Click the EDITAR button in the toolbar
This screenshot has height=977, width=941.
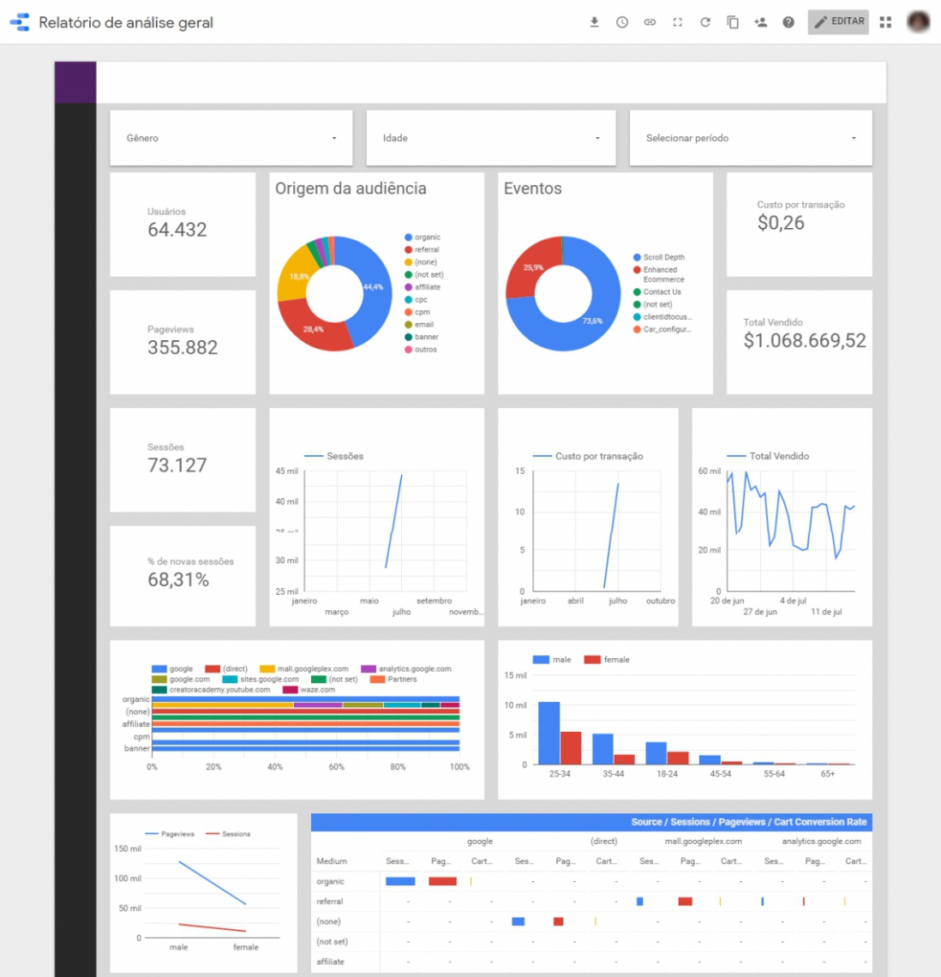click(838, 21)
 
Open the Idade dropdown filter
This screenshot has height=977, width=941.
click(490, 138)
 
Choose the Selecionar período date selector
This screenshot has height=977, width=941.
click(751, 138)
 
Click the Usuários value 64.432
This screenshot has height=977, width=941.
click(177, 230)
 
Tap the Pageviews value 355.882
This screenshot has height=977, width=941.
click(183, 347)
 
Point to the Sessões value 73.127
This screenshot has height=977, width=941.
click(177, 465)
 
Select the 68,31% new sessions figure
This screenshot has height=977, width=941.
click(178, 580)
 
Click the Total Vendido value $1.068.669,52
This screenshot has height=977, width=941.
click(805, 341)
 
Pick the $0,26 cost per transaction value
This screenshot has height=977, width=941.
click(781, 224)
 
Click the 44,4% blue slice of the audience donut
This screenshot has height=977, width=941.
click(370, 291)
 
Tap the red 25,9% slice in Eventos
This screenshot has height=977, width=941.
click(529, 269)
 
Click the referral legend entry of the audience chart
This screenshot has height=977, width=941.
click(426, 249)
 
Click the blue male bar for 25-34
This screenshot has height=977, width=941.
click(548, 733)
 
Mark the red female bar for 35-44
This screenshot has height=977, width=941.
click(624, 759)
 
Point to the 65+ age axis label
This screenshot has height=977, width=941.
click(827, 774)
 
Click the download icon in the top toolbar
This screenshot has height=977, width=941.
click(594, 22)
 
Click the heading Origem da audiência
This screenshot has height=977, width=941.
click(351, 189)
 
